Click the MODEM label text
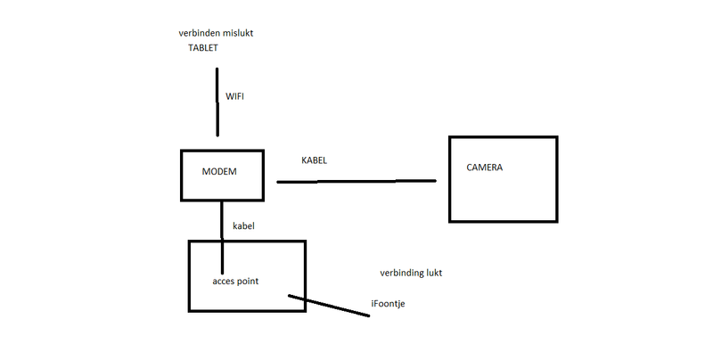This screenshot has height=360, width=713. coord(218,171)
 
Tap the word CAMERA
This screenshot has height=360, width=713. coord(485,167)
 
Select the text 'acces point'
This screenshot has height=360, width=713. coord(235,281)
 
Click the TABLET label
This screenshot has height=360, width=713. coord(202,48)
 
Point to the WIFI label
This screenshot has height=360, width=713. coord(234,95)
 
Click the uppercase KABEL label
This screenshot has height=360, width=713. coord(315,160)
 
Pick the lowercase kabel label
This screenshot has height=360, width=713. coord(243,226)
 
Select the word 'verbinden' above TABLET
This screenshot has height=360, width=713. coord(201,33)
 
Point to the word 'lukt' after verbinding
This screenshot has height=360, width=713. coord(435,273)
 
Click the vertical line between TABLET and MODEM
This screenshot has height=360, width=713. coord(217,102)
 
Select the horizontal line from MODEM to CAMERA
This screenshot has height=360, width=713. coord(356,181)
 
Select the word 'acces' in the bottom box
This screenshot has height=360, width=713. coord(224,281)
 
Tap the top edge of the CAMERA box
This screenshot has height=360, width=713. coord(504,137)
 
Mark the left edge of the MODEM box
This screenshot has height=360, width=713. coord(181,176)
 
